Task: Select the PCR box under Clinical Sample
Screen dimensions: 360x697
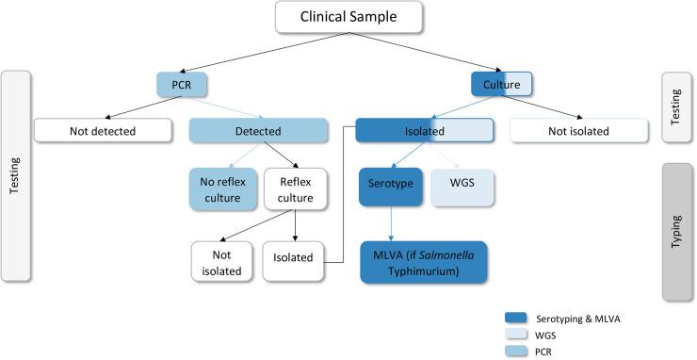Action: click(182, 84)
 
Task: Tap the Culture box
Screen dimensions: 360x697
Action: click(501, 84)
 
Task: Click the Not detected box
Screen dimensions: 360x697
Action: click(103, 131)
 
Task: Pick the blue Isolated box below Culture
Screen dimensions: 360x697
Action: click(424, 131)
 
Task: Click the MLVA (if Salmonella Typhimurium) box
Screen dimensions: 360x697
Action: click(424, 261)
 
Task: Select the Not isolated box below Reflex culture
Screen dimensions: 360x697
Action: click(221, 261)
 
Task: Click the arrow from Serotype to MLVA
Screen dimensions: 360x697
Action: click(390, 223)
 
